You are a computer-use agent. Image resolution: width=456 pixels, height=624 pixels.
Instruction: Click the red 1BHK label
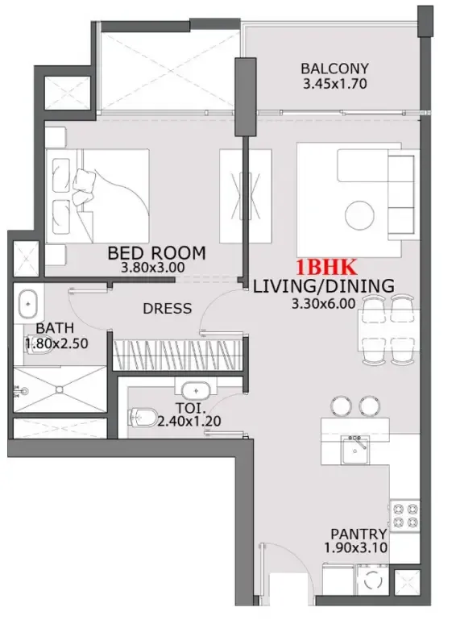pos(326,267)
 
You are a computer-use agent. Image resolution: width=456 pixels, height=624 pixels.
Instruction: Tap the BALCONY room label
pos(334,69)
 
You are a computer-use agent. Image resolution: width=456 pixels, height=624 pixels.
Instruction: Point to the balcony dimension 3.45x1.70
pos(334,84)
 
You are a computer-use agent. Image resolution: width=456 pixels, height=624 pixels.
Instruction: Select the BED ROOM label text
pos(156,253)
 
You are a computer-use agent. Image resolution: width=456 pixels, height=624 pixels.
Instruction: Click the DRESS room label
pos(167,309)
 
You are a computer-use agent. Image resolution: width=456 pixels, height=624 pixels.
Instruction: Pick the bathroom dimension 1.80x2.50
pos(56,343)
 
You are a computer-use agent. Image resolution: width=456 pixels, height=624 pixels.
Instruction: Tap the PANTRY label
pos(359,534)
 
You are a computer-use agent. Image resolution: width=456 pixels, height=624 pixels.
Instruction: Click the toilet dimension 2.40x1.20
pos(189,421)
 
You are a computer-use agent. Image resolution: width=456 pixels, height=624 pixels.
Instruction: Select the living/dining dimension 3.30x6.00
pos(323,304)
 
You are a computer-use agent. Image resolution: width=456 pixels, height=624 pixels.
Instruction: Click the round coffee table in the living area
pos(359,216)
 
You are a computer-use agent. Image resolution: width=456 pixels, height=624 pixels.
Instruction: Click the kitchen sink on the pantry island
pos(355,450)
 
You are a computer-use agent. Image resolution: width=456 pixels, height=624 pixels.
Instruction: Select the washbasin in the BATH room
pos(28,305)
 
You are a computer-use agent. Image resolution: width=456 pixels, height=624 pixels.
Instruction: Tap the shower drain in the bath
pos(60,389)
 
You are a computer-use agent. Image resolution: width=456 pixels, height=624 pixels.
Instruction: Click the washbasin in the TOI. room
pos(197,389)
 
